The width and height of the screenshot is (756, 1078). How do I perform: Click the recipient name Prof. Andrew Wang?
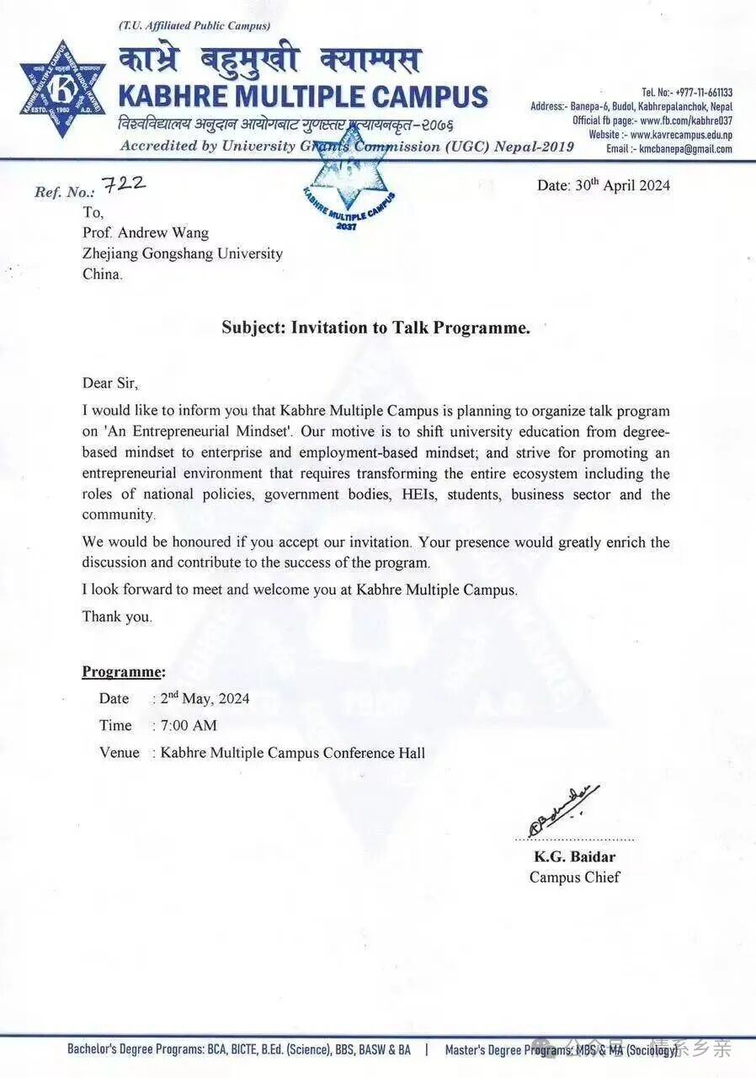pyautogui.click(x=145, y=232)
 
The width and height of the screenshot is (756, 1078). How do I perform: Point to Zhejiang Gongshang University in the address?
pyautogui.click(x=182, y=253)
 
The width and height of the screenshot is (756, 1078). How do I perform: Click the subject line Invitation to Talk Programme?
pyautogui.click(x=375, y=328)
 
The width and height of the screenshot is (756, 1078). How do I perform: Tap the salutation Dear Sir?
pyautogui.click(x=109, y=382)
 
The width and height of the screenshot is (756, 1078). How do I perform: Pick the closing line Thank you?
pyautogui.click(x=117, y=616)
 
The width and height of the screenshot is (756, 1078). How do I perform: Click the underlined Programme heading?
pyautogui.click(x=123, y=671)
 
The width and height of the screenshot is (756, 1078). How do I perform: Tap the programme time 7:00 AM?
pyautogui.click(x=188, y=725)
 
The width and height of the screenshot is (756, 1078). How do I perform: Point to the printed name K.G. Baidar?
pyautogui.click(x=574, y=857)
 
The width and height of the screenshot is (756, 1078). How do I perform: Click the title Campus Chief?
pyautogui.click(x=574, y=877)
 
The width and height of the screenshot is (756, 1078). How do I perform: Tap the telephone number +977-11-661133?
pyautogui.click(x=698, y=93)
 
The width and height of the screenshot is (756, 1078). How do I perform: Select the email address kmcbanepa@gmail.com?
pyautogui.click(x=685, y=149)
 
